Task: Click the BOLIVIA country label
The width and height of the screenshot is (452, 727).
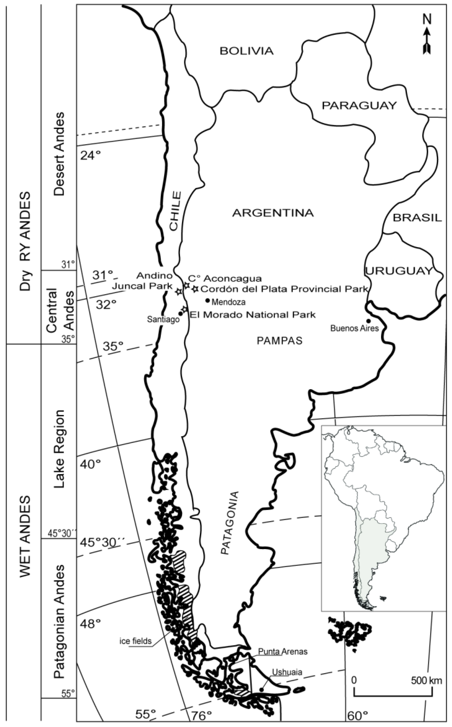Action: [x=247, y=51]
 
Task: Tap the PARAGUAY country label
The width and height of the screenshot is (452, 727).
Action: [x=359, y=106]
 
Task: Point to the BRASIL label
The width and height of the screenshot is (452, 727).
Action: [x=417, y=218]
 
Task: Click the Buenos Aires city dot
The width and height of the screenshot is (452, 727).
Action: [x=368, y=321]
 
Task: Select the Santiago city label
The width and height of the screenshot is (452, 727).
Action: [x=163, y=320]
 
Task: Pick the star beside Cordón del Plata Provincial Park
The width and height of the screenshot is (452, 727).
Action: [x=195, y=289]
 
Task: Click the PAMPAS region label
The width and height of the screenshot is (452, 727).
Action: [x=279, y=341]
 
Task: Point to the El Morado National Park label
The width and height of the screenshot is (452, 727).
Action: [x=253, y=314]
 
